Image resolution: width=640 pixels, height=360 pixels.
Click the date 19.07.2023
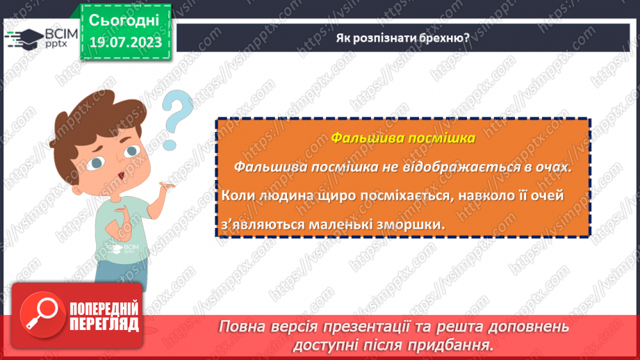click(125, 43)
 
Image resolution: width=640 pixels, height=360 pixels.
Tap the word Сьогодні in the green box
click(125, 19)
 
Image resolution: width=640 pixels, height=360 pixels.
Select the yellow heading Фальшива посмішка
click(403, 138)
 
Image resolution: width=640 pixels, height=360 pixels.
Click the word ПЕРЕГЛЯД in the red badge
click(104, 324)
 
